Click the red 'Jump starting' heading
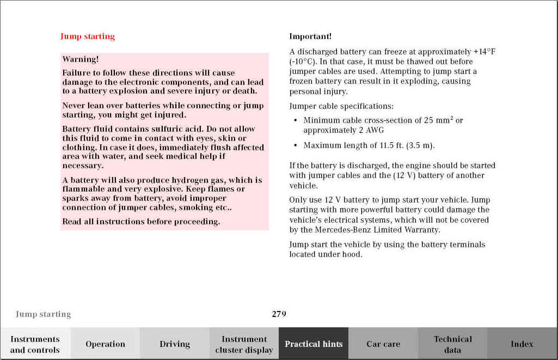pyautogui.click(x=87, y=36)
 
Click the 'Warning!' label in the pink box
pyautogui.click(x=80, y=59)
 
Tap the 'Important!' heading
pyautogui.click(x=310, y=36)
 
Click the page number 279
pyautogui.click(x=279, y=314)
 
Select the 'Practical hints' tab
pyautogui.click(x=314, y=344)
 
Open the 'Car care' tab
pyautogui.click(x=383, y=344)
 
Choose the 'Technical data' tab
pyautogui.click(x=452, y=344)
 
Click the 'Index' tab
pyautogui.click(x=522, y=344)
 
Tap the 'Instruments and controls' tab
pyautogui.click(x=35, y=344)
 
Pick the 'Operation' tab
pyautogui.click(x=105, y=344)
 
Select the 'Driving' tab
pyautogui.click(x=175, y=344)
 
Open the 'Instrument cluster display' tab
pyautogui.click(x=244, y=344)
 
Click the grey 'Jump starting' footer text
pyautogui.click(x=43, y=314)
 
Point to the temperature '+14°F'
pyautogui.click(x=484, y=52)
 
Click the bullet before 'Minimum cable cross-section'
pyautogui.click(x=295, y=120)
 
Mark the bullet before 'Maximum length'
pyautogui.click(x=295, y=145)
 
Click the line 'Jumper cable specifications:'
pyautogui.click(x=341, y=106)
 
